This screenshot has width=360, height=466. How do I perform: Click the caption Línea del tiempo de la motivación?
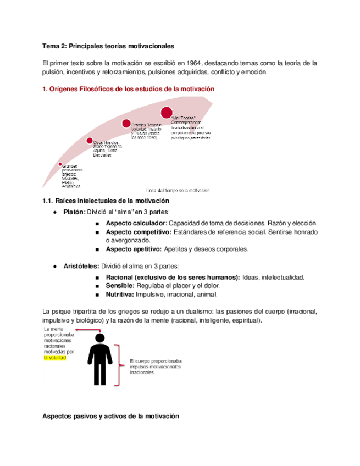tap(179, 190)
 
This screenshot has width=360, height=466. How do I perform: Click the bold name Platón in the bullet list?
tap(74, 212)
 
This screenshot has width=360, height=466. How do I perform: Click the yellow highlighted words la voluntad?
tap(55, 357)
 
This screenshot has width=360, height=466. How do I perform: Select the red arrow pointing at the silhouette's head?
tap(85, 330)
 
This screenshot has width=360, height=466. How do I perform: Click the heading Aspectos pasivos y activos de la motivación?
tap(111, 417)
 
